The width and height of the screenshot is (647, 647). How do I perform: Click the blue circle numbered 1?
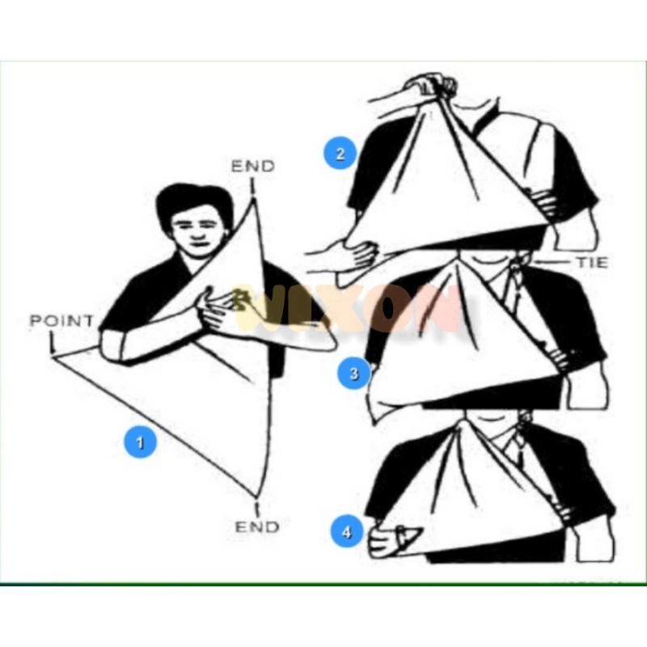(140, 442)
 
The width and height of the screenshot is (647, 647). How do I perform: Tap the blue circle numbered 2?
(340, 154)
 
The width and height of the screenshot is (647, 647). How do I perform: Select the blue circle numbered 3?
(354, 374)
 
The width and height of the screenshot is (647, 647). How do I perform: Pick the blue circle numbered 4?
(347, 532)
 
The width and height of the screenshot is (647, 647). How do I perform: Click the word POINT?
(62, 320)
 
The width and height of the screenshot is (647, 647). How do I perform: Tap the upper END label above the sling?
(253, 166)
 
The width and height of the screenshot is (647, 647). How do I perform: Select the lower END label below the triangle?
(257, 527)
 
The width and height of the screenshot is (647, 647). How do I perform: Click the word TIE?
(592, 262)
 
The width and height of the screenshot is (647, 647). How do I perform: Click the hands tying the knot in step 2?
(431, 86)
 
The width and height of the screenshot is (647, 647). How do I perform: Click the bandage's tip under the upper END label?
(253, 199)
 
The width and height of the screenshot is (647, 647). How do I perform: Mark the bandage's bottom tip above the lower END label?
(256, 495)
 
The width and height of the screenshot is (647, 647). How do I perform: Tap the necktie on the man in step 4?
(516, 448)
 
